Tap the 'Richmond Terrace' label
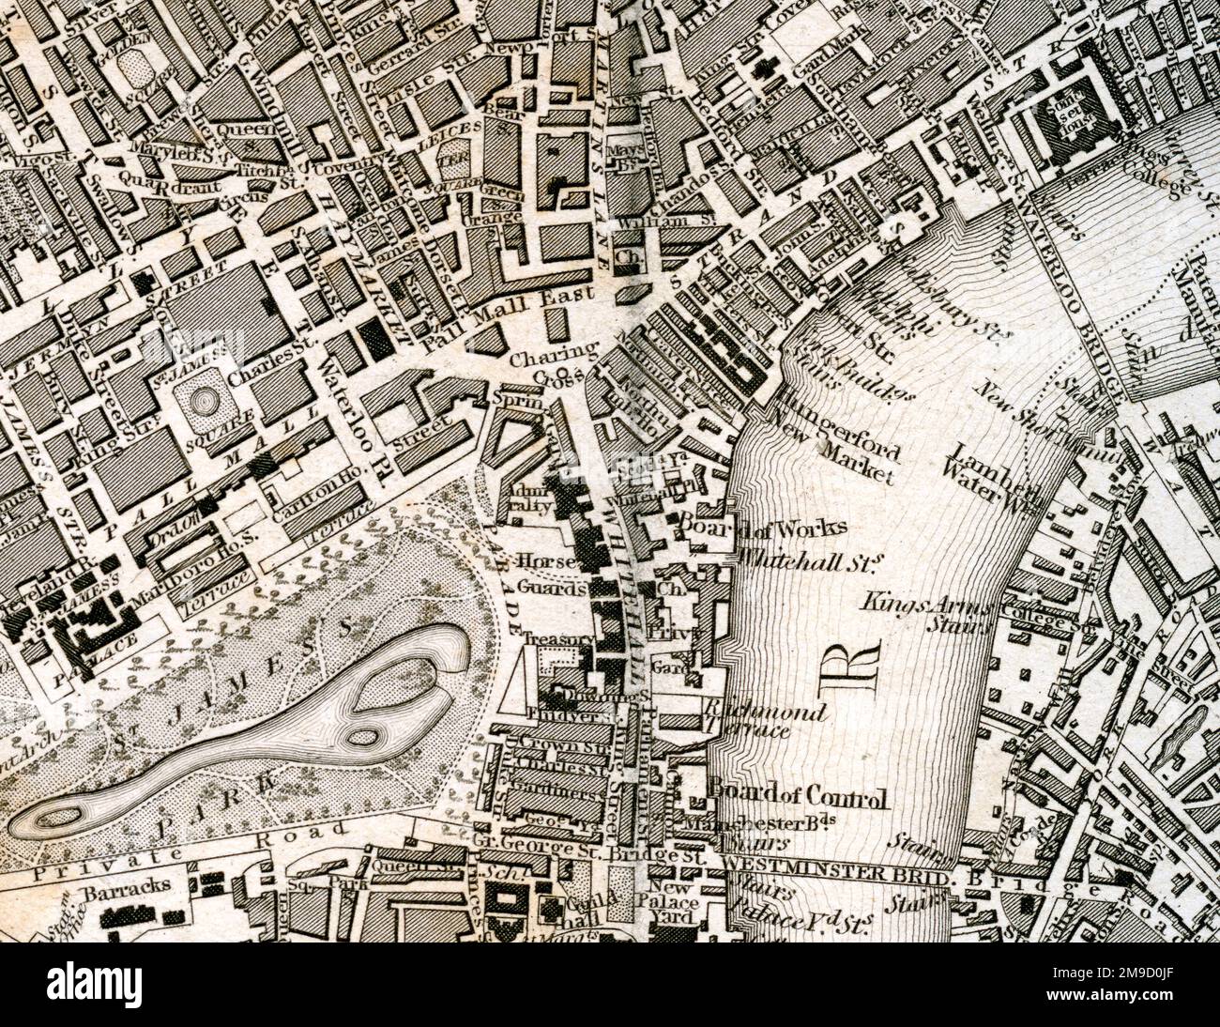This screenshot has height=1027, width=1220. pyautogui.click(x=762, y=720)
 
